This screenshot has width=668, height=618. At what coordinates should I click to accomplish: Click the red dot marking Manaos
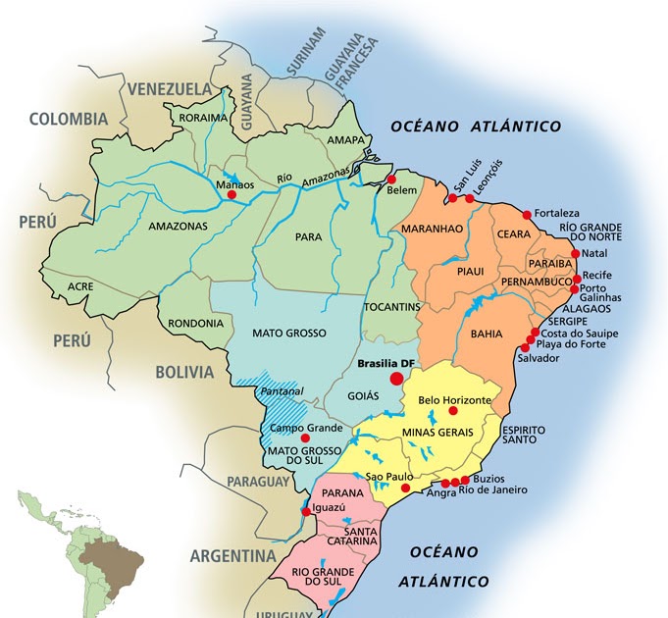(231, 195)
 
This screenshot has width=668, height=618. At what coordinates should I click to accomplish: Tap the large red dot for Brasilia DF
(396, 379)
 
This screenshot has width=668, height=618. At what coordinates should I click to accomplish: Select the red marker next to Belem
(390, 180)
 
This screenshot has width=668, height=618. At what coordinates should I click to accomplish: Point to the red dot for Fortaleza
(528, 214)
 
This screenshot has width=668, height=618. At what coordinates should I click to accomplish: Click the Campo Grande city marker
(305, 438)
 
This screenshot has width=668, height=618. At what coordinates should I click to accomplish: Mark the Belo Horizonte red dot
(452, 411)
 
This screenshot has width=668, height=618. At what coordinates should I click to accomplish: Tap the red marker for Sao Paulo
(406, 487)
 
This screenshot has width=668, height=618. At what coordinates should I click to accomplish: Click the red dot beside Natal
(574, 254)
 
